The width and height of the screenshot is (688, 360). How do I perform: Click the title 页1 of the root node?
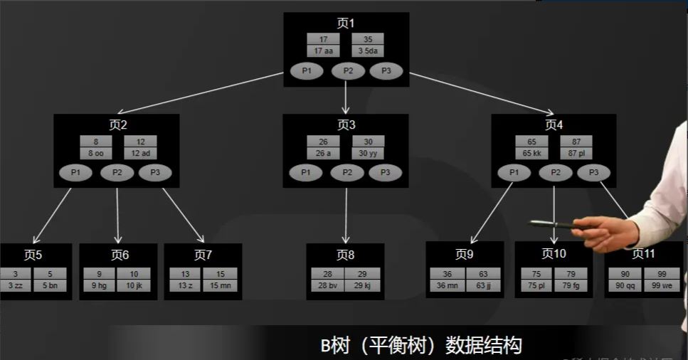pos(346,23)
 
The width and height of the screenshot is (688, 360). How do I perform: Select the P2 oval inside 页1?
pos(348,71)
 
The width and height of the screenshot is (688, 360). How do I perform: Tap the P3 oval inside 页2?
pos(155,172)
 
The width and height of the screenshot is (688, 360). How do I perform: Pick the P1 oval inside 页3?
pos(306,172)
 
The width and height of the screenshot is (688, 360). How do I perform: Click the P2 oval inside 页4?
pos(555,172)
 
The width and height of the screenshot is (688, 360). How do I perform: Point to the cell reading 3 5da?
pos(368,51)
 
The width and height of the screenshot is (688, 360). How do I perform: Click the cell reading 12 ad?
pos(141,153)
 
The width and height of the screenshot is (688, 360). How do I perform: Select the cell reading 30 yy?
pos(368,153)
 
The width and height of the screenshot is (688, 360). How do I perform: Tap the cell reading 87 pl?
pos(576,153)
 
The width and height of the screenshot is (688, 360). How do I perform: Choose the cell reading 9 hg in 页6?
pos(98,286)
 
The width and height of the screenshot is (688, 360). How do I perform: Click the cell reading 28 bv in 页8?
pos(327,286)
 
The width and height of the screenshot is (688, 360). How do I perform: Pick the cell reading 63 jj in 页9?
pos(484,286)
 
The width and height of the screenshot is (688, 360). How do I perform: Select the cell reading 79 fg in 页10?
pos(571,286)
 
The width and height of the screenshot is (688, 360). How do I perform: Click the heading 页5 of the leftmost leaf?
pos(33,255)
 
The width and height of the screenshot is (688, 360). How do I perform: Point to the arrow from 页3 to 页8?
pos(346,213)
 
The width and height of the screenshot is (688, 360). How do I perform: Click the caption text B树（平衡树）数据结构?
pos(421,346)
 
